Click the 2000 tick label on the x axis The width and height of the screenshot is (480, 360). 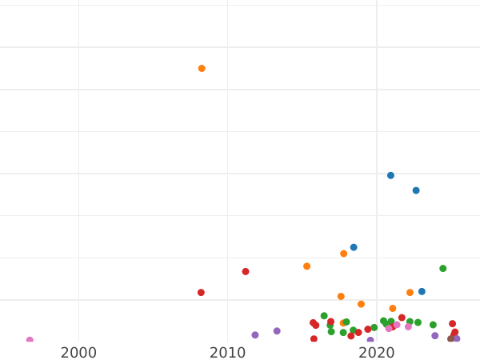pyautogui.click(x=78, y=353)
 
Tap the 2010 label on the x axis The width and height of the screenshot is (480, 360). pyautogui.click(x=227, y=353)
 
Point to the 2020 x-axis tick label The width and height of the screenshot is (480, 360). pyautogui.click(x=376, y=353)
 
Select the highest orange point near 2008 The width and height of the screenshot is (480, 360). pyautogui.click(x=202, y=69)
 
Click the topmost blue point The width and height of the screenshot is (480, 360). pyautogui.click(x=390, y=175)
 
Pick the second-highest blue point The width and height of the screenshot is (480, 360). pyautogui.click(x=416, y=190)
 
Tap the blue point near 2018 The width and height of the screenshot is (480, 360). pyautogui.click(x=354, y=247)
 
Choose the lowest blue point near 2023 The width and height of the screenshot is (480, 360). pyautogui.click(x=422, y=291)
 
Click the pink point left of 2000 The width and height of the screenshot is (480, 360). pyautogui.click(x=30, y=340)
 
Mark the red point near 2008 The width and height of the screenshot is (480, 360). pyautogui.click(x=201, y=293)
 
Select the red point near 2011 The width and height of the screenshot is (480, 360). pyautogui.click(x=246, y=271)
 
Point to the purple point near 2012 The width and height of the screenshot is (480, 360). pyautogui.click(x=255, y=335)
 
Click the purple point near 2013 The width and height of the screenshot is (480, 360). pyautogui.click(x=277, y=331)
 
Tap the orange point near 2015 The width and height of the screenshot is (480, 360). pyautogui.click(x=306, y=266)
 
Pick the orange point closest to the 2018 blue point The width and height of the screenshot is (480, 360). pyautogui.click(x=343, y=254)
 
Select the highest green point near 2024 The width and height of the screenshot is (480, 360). pyautogui.click(x=442, y=269)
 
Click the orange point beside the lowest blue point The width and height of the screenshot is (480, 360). pyautogui.click(x=410, y=293)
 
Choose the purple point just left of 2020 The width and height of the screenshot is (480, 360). pyautogui.click(x=370, y=340)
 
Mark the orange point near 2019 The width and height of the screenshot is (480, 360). pyautogui.click(x=361, y=304)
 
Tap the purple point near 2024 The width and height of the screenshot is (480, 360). pyautogui.click(x=435, y=336)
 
